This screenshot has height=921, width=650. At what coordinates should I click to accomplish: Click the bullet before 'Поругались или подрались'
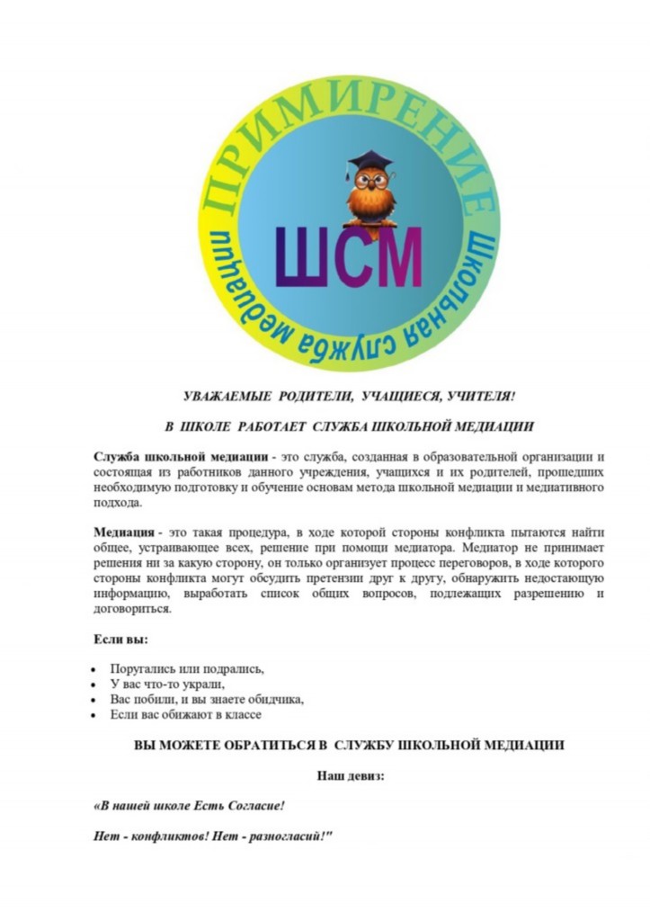tap(94, 671)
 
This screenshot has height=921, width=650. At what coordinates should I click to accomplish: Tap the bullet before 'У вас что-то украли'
tap(94, 685)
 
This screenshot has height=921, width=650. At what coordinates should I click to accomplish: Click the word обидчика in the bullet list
tap(273, 700)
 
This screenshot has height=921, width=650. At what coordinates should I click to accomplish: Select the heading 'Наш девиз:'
tap(350, 775)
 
